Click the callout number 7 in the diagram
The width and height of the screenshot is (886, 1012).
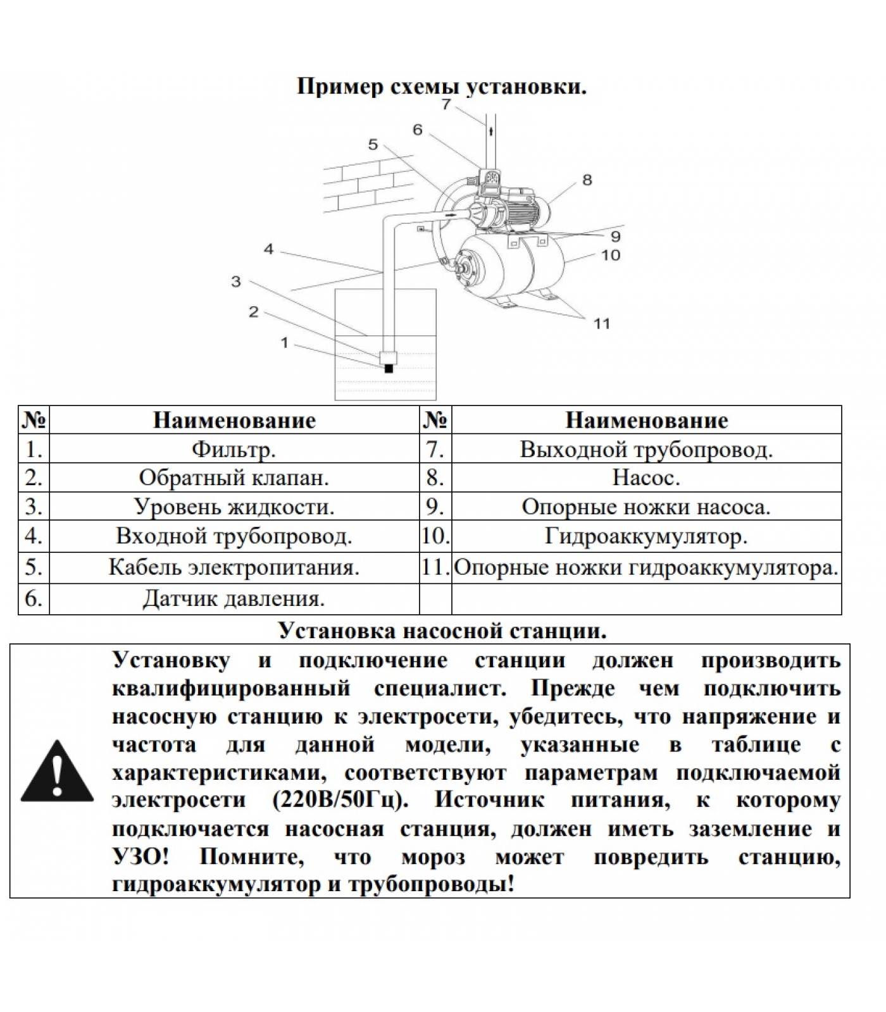(446, 104)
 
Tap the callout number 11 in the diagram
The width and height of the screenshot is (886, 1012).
(601, 324)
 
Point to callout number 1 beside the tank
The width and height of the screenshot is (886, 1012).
(285, 343)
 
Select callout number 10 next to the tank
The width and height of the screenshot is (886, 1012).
(611, 256)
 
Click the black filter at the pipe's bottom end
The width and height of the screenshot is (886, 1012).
(389, 368)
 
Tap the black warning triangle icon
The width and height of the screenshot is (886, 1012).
(57, 771)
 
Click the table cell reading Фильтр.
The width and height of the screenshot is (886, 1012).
(234, 450)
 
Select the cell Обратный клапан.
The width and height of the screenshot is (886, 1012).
(234, 478)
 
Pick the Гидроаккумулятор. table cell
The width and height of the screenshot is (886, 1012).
(646, 536)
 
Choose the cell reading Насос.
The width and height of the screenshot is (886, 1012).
(646, 478)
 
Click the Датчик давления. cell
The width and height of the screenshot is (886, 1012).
(234, 598)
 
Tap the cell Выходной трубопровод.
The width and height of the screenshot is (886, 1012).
(646, 450)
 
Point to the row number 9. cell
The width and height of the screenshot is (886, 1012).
(435, 507)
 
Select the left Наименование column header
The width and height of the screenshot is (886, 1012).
(234, 421)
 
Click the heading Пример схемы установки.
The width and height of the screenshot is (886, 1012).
(442, 87)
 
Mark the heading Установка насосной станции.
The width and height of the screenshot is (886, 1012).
(442, 631)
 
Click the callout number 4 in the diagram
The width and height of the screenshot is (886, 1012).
(269, 250)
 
